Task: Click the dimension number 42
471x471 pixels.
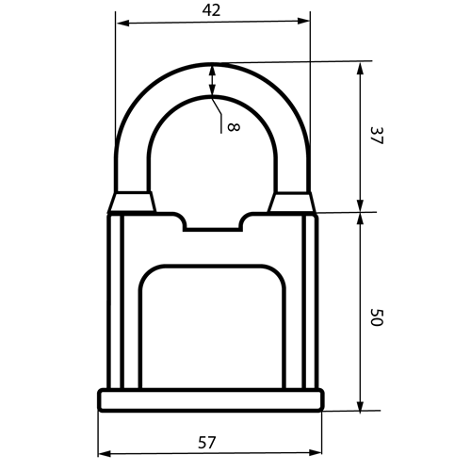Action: click(x=211, y=10)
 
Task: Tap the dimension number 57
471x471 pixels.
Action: click(x=207, y=443)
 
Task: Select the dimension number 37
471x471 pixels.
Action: click(x=377, y=136)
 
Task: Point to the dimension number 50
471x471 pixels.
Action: click(x=377, y=317)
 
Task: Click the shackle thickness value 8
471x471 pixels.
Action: click(x=233, y=127)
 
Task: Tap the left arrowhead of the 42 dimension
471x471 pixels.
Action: click(x=122, y=23)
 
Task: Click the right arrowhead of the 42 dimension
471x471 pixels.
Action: click(x=303, y=21)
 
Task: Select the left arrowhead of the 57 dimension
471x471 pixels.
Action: click(x=105, y=454)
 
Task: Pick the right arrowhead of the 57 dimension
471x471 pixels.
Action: click(x=316, y=452)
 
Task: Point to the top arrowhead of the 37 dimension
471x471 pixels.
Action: click(x=361, y=69)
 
